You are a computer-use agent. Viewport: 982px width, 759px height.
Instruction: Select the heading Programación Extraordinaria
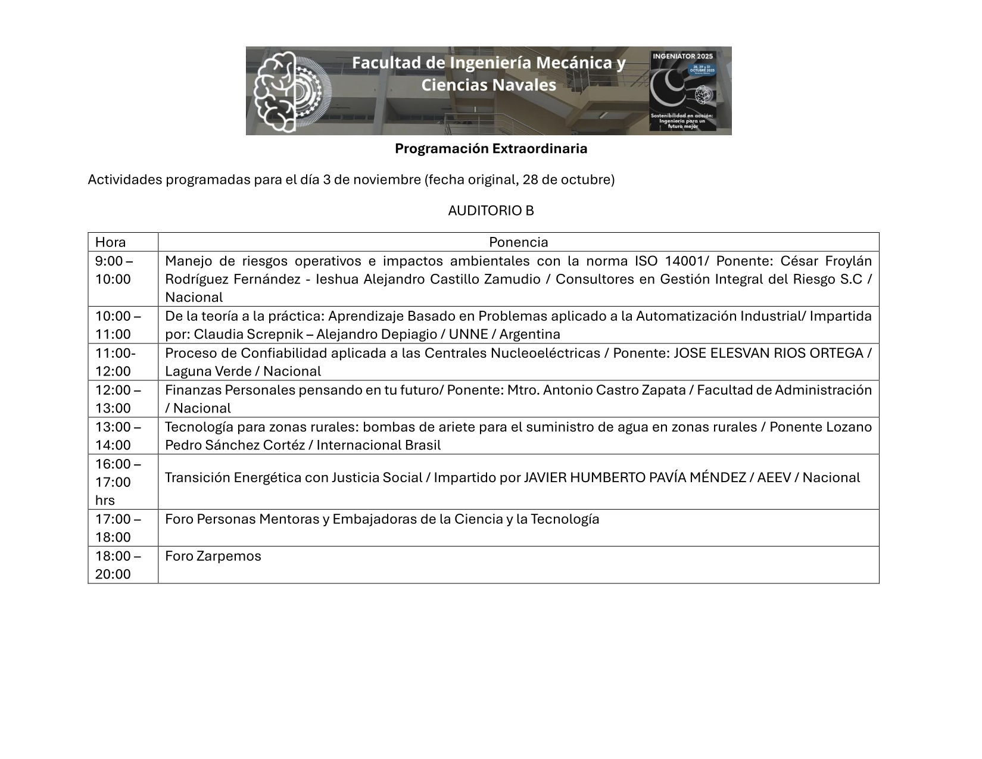coord(491,149)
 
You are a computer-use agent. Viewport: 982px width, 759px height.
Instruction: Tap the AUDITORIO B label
coord(491,211)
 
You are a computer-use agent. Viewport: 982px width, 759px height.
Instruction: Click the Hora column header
coord(111,242)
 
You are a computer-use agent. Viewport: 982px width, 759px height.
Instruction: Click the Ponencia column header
coord(518,242)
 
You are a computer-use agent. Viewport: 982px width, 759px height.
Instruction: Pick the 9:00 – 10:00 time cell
coord(114,270)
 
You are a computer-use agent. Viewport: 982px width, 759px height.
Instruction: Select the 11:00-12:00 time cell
coord(115,362)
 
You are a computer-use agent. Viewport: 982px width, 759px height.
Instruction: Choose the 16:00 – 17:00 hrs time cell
coord(117,482)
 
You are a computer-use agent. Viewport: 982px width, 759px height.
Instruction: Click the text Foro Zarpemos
coord(213,556)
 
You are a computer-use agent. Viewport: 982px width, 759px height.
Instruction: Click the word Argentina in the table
coord(529,335)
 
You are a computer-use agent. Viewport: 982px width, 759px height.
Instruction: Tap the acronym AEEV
coord(774,478)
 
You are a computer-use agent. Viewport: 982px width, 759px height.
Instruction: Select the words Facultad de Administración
coord(784,391)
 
